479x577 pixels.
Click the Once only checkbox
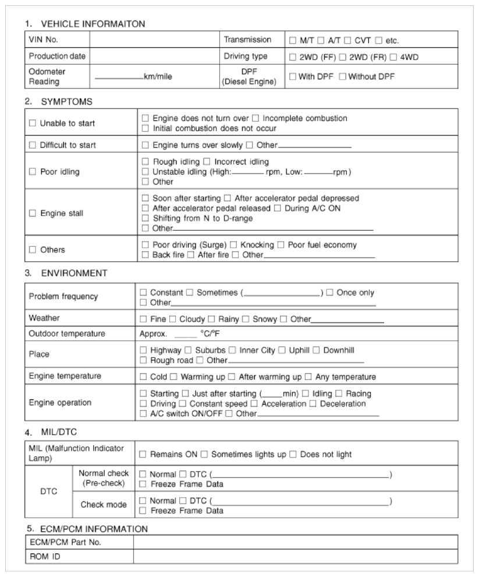pyautogui.click(x=330, y=293)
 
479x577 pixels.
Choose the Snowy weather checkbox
pyautogui.click(x=245, y=319)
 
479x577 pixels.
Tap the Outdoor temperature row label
pyautogui.click(x=67, y=334)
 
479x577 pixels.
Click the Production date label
pyautogui.click(x=57, y=57)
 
